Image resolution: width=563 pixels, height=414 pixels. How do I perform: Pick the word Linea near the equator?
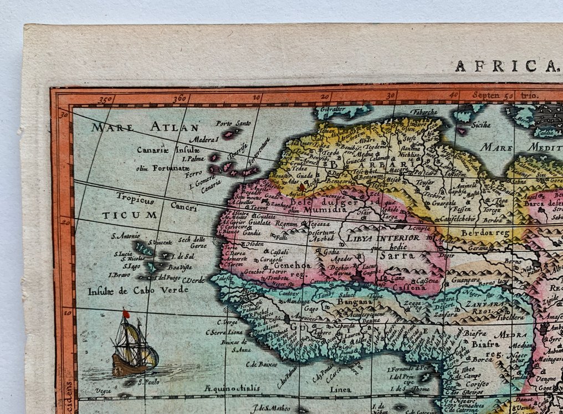341,390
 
